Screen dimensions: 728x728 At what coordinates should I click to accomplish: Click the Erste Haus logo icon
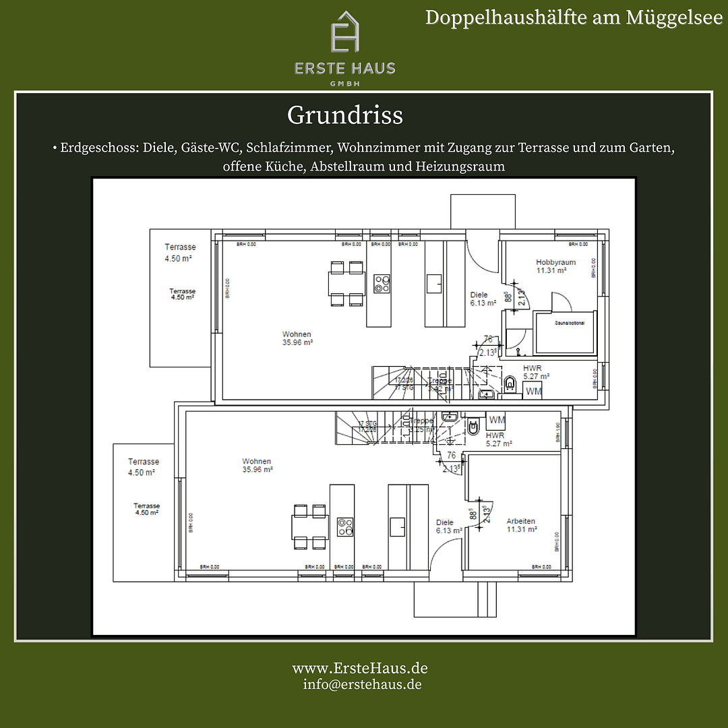344,32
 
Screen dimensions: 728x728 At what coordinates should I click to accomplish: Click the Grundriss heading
344,115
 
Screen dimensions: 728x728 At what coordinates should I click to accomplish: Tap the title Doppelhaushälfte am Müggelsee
573,18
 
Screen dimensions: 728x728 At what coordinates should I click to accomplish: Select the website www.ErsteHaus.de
359,668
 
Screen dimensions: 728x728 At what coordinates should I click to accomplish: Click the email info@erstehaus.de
362,684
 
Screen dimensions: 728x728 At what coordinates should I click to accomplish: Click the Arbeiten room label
521,525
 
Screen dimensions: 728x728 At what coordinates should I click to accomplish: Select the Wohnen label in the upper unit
297,338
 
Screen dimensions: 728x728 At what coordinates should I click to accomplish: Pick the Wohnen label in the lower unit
257,465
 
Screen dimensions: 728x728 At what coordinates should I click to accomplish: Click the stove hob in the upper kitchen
382,283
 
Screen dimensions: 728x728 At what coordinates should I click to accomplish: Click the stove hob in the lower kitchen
345,526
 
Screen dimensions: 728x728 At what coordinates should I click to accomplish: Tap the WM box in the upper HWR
533,392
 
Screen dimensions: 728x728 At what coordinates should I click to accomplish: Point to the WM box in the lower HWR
497,420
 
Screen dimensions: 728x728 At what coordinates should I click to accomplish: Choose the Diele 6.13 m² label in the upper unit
480,299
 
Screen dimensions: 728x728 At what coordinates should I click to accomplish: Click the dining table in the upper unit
347,283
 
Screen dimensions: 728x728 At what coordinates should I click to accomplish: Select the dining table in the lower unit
310,526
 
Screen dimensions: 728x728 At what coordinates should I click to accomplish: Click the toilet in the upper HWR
510,384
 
